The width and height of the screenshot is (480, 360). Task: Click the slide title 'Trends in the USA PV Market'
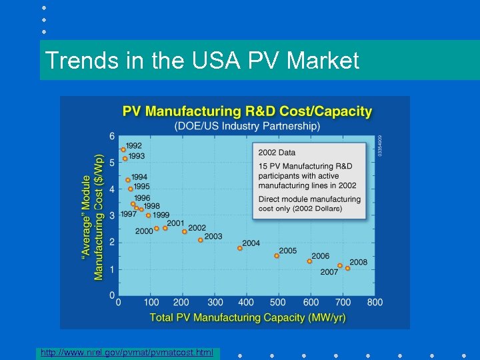[201, 61]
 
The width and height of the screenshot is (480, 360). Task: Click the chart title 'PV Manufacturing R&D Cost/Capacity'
[247, 111]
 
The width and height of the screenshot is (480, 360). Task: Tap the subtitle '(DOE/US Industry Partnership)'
[247, 125]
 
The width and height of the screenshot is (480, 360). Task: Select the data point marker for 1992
[123, 149]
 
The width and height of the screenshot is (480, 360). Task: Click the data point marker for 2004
[240, 248]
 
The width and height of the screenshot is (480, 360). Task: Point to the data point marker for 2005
[277, 255]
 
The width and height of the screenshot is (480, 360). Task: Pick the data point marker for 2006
[309, 261]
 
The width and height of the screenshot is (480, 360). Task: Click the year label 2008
[358, 262]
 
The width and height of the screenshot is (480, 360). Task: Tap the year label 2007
[329, 272]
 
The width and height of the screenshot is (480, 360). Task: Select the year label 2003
[213, 237]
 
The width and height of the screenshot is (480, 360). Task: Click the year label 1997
[129, 214]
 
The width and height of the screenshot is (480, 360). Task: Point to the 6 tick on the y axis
[112, 136]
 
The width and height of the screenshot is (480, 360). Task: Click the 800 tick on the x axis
[375, 303]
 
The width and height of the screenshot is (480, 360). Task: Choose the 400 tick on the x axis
[246, 303]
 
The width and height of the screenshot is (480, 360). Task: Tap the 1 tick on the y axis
[112, 269]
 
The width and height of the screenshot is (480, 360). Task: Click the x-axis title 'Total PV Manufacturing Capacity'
[247, 317]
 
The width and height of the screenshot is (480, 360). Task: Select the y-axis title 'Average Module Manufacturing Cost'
[93, 217]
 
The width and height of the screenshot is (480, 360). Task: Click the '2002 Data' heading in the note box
[277, 153]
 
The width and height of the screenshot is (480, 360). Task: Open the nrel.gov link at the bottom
[127, 351]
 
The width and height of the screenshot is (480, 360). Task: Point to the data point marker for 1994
[128, 180]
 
